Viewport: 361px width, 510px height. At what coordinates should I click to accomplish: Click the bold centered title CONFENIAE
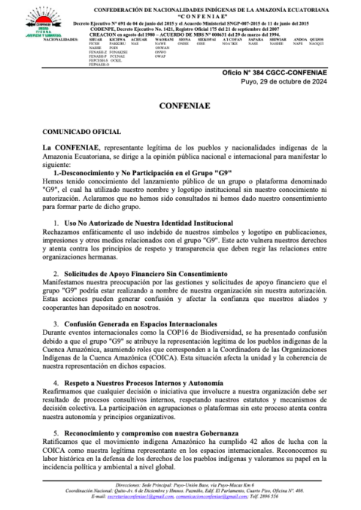[x=180, y=108]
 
